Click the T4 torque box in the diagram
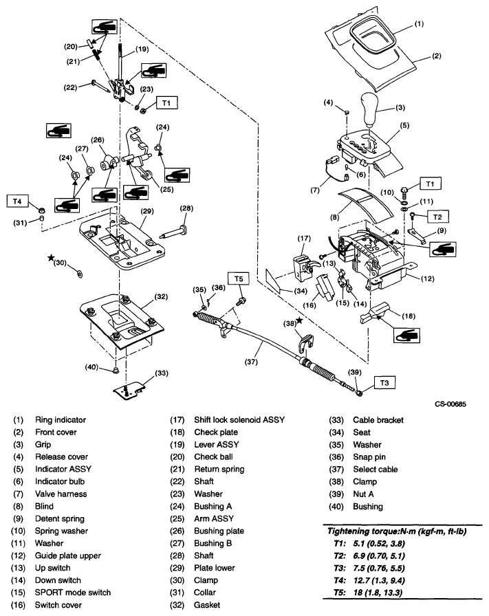click(x=18, y=201)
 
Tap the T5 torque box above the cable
click(x=239, y=279)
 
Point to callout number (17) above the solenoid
click(x=304, y=239)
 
